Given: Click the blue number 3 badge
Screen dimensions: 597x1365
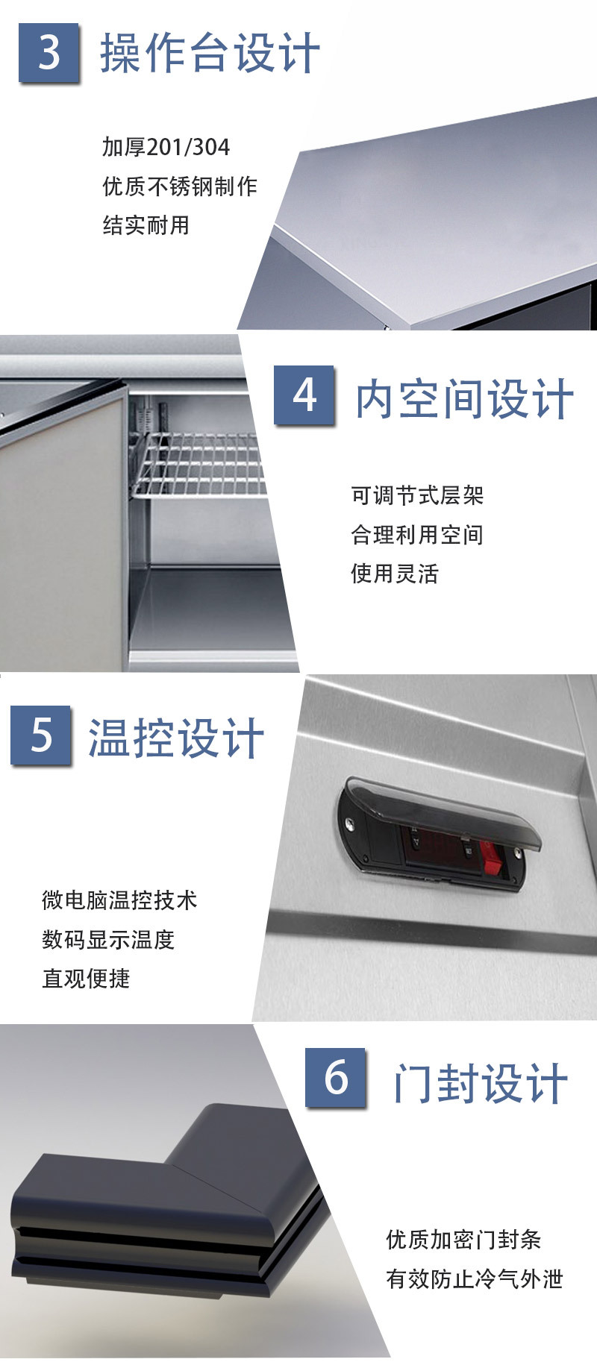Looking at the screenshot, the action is coord(49,52).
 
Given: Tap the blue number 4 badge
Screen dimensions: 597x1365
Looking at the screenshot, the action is coord(304,395).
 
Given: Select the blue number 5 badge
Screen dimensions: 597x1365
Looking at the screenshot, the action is coord(41,735).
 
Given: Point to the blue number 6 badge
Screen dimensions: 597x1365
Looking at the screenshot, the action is coord(336,1078).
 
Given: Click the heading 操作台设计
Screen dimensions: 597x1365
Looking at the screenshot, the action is coord(210,53).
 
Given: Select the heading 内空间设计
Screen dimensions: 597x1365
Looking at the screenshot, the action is coord(464,398).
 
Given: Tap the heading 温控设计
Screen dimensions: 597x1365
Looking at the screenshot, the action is coord(176,738).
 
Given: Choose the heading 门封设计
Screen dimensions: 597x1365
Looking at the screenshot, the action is coord(481,1083).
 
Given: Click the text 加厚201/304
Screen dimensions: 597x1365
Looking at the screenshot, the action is coord(166,147).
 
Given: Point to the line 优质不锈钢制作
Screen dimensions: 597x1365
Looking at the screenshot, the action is coord(180,186).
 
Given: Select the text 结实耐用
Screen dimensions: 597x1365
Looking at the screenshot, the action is coord(146,225).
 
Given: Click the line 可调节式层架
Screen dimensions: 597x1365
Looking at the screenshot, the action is coord(417,495).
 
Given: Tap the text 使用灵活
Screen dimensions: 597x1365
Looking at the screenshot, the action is coord(395,573).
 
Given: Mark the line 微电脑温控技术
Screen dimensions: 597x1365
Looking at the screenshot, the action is coord(119,900).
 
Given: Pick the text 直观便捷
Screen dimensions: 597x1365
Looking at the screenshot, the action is coord(86,978).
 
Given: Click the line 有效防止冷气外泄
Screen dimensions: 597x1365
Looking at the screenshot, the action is coord(475,1278).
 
